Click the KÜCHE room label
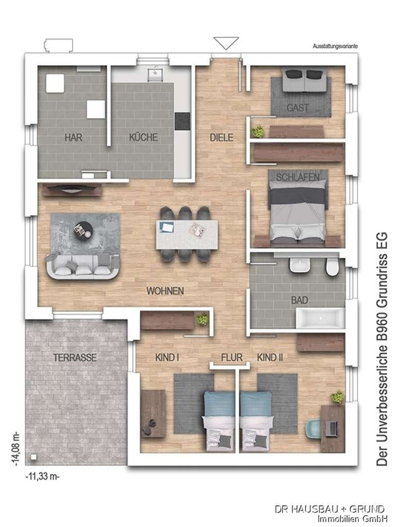coord(143,137)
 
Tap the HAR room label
coord(73,137)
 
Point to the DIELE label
coord(222,137)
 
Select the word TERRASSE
coord(75,357)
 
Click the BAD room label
coord(300,300)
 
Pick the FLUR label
coord(232,357)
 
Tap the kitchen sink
coord(155,74)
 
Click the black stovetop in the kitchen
coord(182,121)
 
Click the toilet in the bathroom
coord(332,268)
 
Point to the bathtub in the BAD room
coord(320,318)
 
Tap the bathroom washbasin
coord(300,266)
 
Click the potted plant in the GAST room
coord(258,131)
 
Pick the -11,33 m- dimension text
coord(42,476)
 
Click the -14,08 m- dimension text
coord(16,450)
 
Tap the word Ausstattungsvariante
coord(335,46)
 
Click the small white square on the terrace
coord(34,457)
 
